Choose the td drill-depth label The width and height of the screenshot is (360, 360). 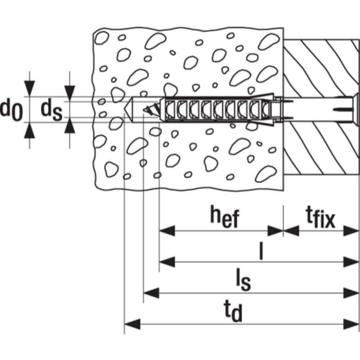[233, 311]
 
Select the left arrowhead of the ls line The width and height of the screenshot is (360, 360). [151, 293]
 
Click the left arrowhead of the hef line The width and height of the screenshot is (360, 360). [167, 231]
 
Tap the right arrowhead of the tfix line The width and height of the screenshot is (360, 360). [351, 231]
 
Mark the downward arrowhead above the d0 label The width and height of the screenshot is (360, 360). [29, 88]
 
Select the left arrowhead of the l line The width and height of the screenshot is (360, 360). [167, 261]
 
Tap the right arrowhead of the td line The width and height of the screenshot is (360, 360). [351, 324]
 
